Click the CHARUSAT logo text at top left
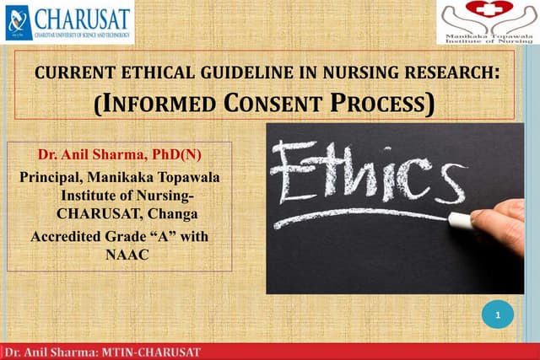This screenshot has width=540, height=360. point(82,18)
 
